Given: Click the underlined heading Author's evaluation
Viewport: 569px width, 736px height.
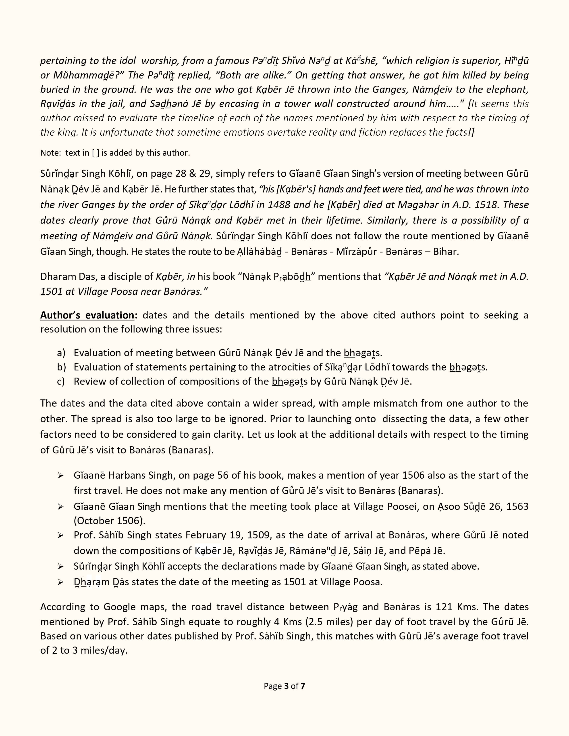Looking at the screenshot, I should click(x=87, y=315).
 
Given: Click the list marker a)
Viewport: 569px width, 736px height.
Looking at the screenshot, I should click(x=61, y=353).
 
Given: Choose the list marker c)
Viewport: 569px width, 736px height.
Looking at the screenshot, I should click(x=61, y=381).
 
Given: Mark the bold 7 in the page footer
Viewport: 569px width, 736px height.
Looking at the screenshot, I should click(x=303, y=686).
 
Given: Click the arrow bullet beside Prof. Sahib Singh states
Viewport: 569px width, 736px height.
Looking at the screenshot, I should click(x=61, y=535).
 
